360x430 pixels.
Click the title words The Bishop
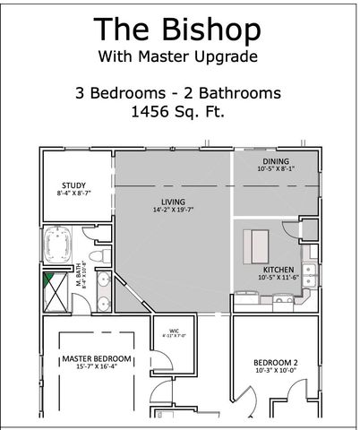(178, 30)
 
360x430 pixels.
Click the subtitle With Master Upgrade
(179, 56)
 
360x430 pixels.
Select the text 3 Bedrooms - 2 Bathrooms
(179, 92)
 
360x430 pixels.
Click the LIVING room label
(173, 202)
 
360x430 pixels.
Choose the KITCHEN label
(279, 269)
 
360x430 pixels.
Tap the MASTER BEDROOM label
(97, 358)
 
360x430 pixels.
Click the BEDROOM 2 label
(274, 363)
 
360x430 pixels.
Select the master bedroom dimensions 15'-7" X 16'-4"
(97, 366)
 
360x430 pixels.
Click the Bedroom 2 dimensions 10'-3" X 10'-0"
(274, 370)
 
